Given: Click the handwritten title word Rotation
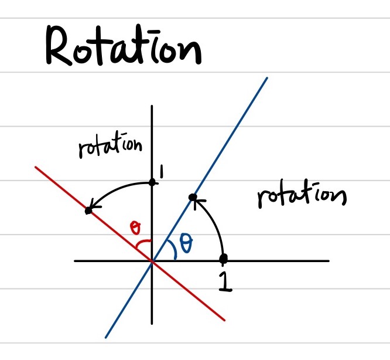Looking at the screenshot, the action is point(123,48).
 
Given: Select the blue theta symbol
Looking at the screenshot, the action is point(186,243).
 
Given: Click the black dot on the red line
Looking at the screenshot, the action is point(88,210).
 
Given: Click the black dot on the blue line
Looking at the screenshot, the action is point(193,198).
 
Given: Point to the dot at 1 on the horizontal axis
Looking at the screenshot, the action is point(223,259).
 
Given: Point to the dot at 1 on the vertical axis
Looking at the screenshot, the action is point(152,182).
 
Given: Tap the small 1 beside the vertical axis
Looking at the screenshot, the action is point(160,172).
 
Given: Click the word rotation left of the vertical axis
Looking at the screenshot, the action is point(110,147).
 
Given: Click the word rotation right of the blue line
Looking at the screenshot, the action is point(301,196).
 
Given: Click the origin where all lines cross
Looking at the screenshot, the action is point(152,261).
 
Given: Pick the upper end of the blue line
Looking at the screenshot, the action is point(266,78).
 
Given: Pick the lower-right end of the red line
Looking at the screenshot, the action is point(225,320).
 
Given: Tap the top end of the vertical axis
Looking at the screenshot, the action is point(152,106).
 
